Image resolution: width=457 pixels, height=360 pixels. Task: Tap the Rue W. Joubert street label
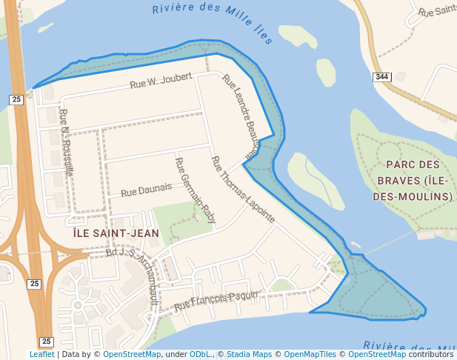[x=161, y=81]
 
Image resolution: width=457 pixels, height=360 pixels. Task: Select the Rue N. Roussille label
[x=67, y=141]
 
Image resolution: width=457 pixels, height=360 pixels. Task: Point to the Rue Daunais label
[x=146, y=190]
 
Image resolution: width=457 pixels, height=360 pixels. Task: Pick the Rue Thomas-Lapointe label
[x=243, y=190]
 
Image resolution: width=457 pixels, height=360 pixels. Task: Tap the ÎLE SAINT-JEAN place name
[x=116, y=233]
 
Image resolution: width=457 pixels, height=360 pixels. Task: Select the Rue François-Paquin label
[x=216, y=300]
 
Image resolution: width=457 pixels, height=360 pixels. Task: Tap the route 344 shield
[x=381, y=77]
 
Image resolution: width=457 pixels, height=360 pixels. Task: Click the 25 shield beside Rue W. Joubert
[x=16, y=99]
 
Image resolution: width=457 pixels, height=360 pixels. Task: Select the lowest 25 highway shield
[x=46, y=341]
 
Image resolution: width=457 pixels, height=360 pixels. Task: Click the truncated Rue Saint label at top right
[x=436, y=10]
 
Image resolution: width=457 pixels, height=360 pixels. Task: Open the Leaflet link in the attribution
[x=41, y=355]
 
